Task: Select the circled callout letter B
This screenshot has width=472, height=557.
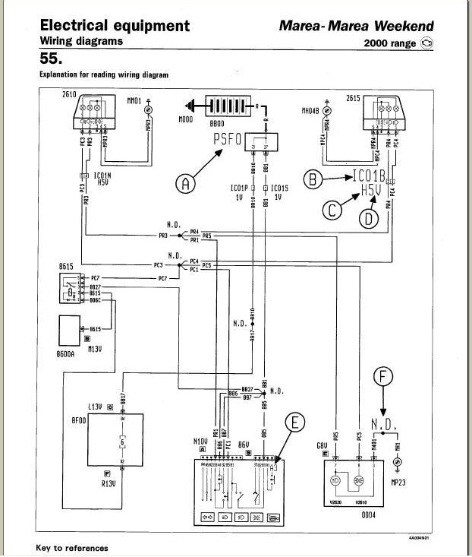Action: [310, 179]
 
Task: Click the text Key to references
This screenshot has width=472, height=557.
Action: [72, 548]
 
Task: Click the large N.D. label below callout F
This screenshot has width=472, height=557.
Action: [383, 422]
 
